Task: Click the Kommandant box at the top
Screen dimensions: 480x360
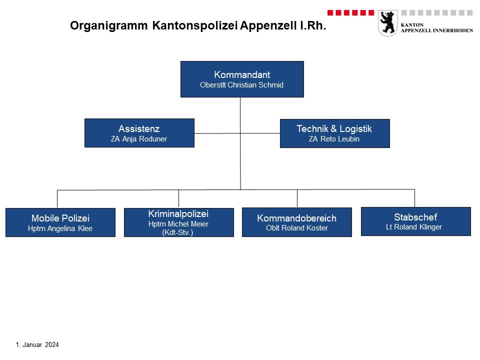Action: (x=242, y=79)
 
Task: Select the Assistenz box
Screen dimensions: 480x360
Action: (x=139, y=133)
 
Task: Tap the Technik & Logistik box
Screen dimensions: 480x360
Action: (x=335, y=133)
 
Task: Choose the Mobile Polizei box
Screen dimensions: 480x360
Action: (x=60, y=222)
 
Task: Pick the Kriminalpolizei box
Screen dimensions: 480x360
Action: (x=179, y=222)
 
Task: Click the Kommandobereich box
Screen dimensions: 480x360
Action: (x=297, y=222)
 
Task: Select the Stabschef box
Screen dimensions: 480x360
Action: (x=416, y=221)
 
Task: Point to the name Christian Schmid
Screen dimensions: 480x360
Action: (x=255, y=85)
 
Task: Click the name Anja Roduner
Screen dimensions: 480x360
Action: (x=144, y=139)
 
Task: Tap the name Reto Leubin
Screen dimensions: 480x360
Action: (x=340, y=139)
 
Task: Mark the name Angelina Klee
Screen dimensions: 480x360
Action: (x=69, y=228)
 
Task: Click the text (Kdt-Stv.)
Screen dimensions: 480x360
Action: (x=177, y=232)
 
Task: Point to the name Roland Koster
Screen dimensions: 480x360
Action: (x=304, y=228)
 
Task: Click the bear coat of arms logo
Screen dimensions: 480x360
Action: (x=388, y=23)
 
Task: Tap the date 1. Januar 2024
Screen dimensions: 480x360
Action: (x=37, y=344)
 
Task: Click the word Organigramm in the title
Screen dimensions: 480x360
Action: (x=108, y=25)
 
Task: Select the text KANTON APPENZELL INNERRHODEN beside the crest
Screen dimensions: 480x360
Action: (x=437, y=27)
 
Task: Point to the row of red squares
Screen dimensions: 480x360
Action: (x=350, y=12)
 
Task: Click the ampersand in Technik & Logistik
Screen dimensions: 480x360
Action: (x=333, y=129)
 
